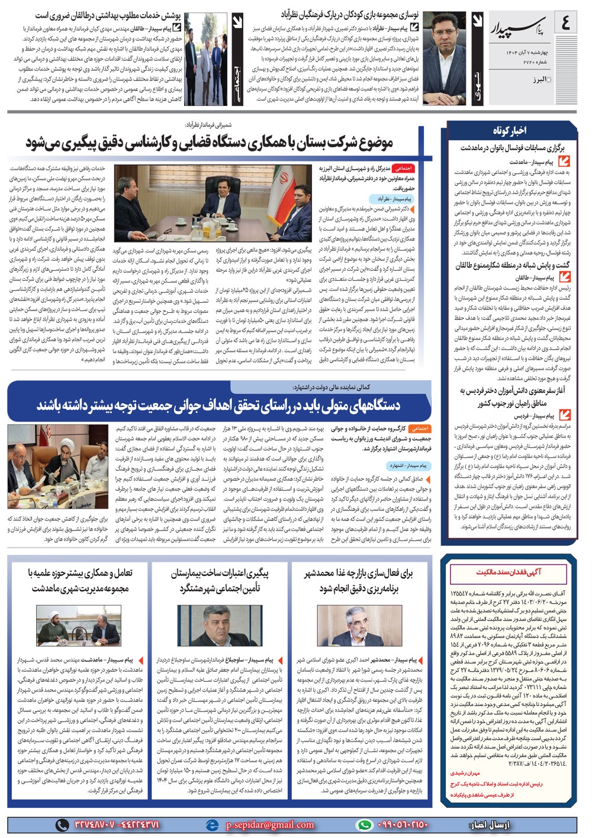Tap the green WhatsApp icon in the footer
365,824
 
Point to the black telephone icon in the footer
62,824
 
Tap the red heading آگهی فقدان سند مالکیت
509,572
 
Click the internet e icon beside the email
212,824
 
